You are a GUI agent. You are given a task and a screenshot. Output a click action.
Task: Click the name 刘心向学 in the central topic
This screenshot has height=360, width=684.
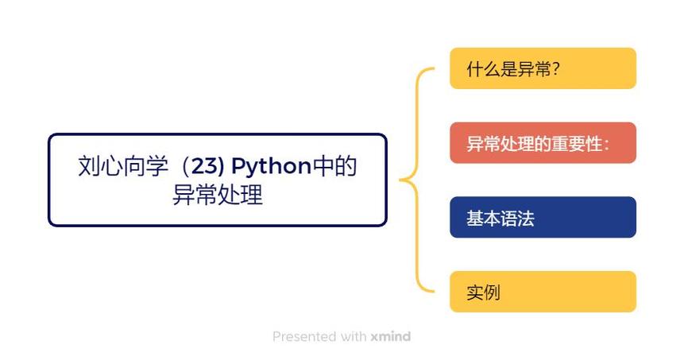click(x=123, y=167)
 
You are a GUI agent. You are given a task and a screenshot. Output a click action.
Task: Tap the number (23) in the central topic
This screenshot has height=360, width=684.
click(x=205, y=167)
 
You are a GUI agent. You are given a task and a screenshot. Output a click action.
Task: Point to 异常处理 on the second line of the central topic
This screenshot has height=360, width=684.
click(x=217, y=195)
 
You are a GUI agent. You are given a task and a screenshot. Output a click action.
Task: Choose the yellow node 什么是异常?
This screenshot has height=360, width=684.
click(x=543, y=68)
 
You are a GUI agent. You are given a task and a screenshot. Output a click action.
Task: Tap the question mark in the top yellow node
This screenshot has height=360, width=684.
click(x=556, y=68)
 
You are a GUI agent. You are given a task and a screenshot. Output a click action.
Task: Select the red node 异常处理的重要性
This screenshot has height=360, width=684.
click(x=543, y=143)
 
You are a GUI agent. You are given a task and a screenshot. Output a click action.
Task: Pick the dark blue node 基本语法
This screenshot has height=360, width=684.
click(x=543, y=217)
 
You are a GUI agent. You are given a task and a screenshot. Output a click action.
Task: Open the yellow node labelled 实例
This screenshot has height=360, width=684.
click(x=543, y=292)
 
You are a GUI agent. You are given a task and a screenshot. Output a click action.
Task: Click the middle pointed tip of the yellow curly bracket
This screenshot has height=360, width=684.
click(x=402, y=180)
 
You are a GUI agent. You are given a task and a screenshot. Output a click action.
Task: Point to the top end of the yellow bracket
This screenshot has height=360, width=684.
click(x=432, y=69)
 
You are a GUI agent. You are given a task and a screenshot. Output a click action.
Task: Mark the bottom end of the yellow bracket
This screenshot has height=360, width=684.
click(x=432, y=291)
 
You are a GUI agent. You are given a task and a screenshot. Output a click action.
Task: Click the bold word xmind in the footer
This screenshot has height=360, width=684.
click(x=390, y=336)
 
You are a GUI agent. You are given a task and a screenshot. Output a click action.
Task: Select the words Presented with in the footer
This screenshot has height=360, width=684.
click(x=319, y=336)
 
